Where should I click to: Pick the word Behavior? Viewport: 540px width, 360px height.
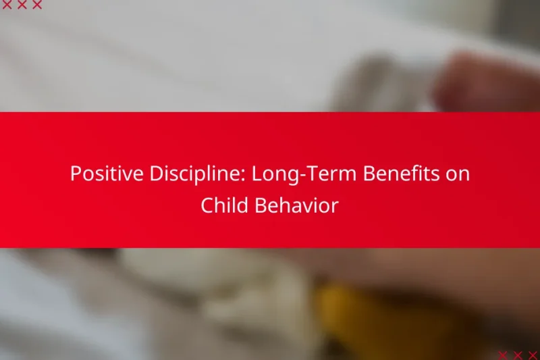click(296, 206)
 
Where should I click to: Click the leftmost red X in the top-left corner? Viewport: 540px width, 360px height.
click(7, 5)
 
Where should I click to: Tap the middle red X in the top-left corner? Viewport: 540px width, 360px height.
click(22, 5)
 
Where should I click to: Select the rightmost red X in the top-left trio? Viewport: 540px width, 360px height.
click(36, 5)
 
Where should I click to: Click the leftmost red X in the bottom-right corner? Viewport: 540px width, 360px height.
click(504, 355)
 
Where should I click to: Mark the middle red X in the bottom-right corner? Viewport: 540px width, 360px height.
click(518, 355)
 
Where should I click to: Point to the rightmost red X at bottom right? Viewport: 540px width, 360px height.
click(533, 355)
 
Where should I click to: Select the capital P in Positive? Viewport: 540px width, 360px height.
click(76, 174)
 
